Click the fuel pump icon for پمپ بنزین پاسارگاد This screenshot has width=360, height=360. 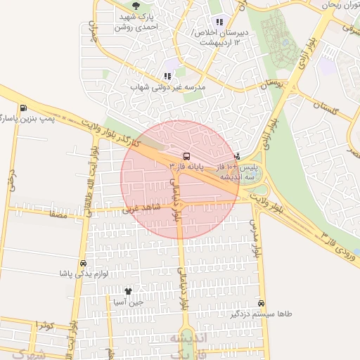[25, 108]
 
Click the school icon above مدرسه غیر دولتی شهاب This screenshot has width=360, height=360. [167, 76]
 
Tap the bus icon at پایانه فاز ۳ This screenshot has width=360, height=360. [186, 155]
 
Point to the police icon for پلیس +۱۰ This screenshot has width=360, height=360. [237, 156]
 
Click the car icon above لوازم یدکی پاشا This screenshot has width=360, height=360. [84, 262]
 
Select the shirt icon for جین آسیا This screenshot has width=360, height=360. [128, 291]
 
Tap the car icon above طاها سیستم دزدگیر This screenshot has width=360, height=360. [262, 304]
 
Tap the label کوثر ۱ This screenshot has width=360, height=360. [44, 325]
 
